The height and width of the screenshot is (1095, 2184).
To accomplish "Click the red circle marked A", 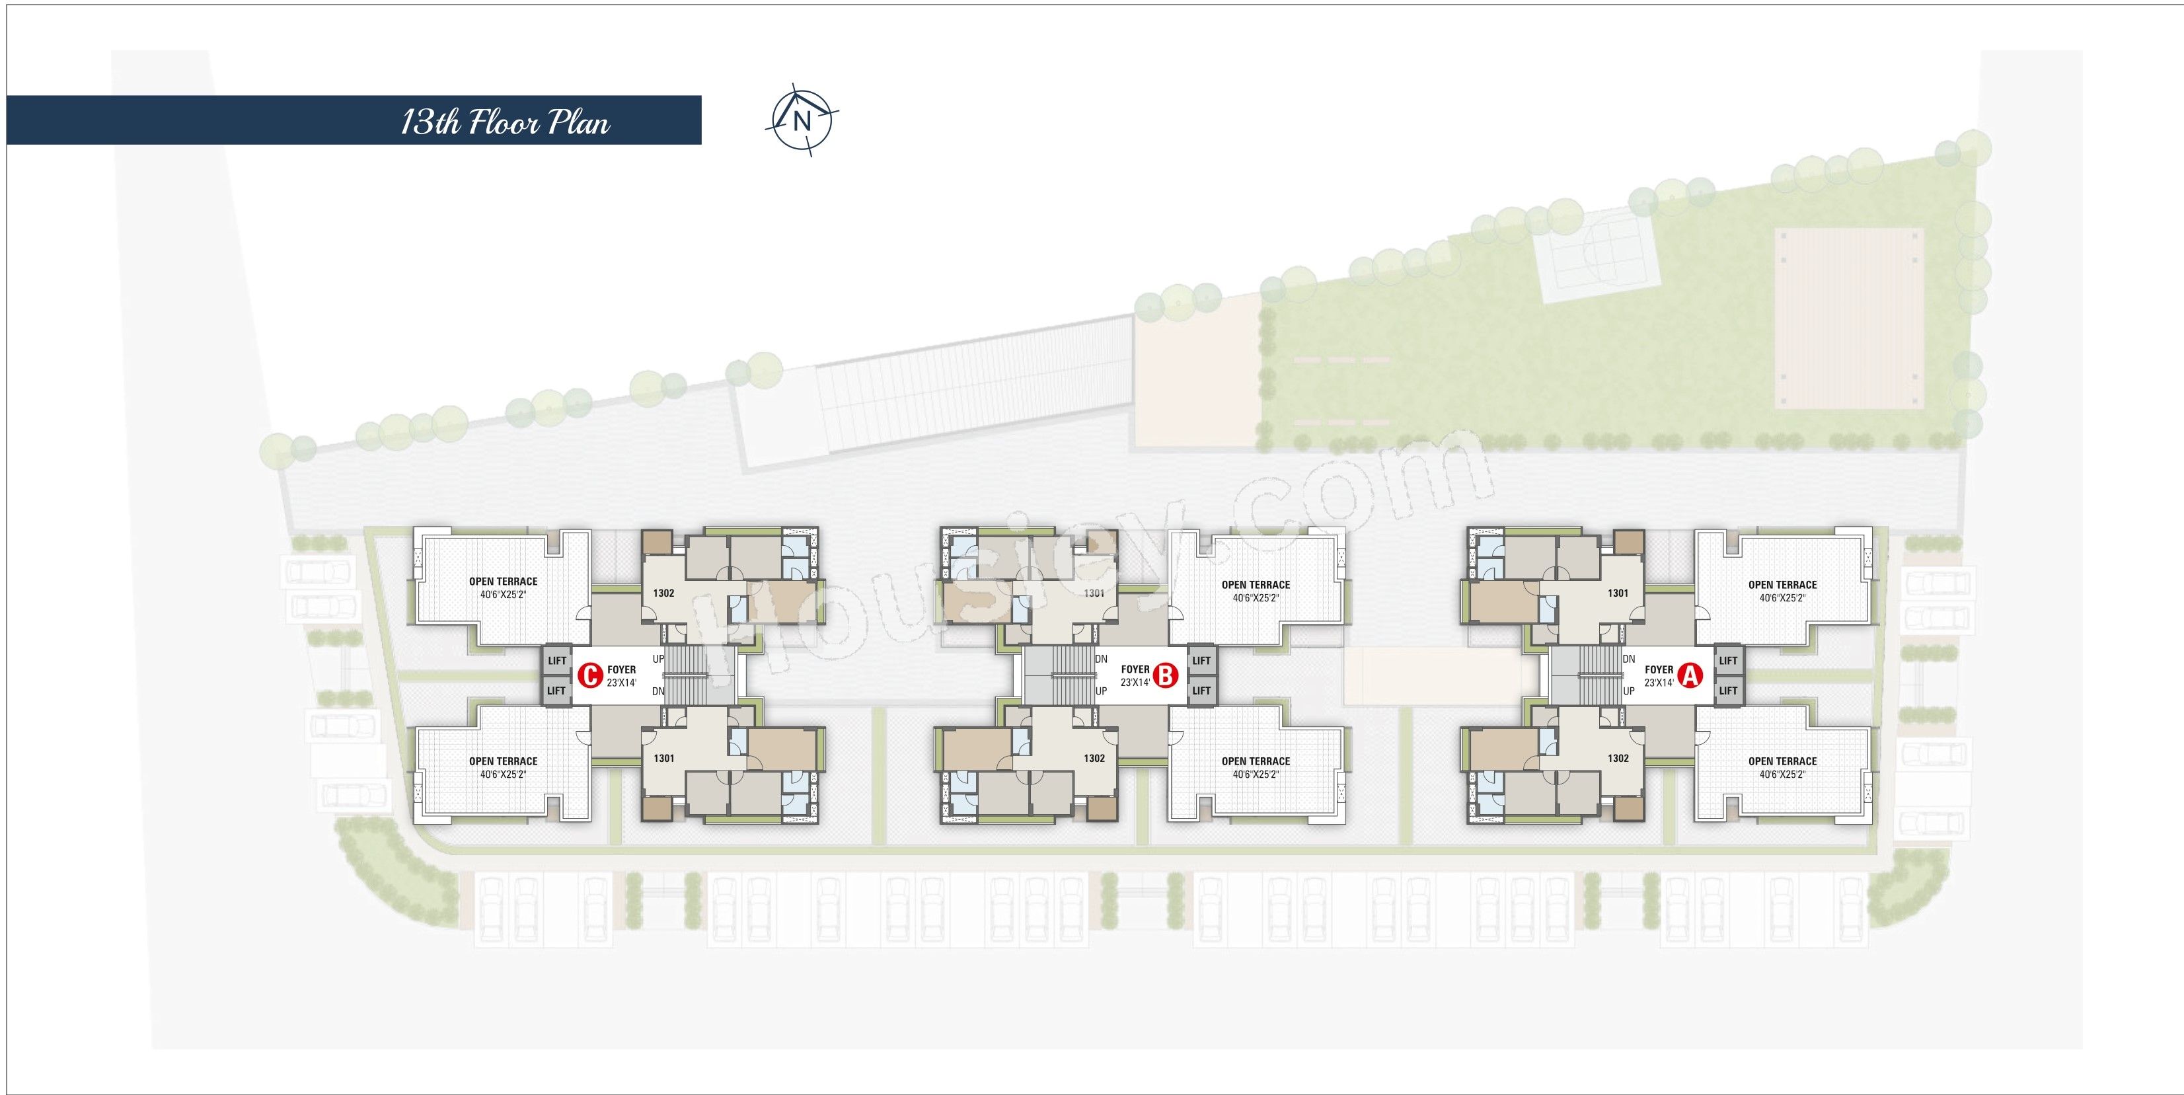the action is tap(1690, 675).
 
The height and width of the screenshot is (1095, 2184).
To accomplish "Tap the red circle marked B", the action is tap(1166, 675).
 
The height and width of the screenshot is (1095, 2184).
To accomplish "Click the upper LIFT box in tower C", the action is tap(557, 660).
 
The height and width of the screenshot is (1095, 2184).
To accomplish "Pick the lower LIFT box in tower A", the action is tap(1728, 691).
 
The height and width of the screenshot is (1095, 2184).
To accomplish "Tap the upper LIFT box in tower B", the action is tap(1201, 660).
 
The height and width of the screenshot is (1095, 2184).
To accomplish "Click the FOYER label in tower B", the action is tap(1135, 669).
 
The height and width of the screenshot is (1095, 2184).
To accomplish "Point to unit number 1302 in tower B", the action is tap(1094, 758).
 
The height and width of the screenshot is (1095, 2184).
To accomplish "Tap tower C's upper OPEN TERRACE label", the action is tap(504, 582).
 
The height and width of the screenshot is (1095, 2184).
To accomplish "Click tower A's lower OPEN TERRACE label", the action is tap(1782, 761).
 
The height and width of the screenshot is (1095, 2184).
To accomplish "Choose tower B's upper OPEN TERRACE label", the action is tap(1256, 585).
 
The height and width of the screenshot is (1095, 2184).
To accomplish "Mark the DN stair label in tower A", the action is tap(1629, 659).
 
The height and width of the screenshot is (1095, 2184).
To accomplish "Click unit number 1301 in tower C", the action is tap(664, 758).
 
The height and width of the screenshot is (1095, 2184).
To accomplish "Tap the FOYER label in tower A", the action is tap(1659, 669).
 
